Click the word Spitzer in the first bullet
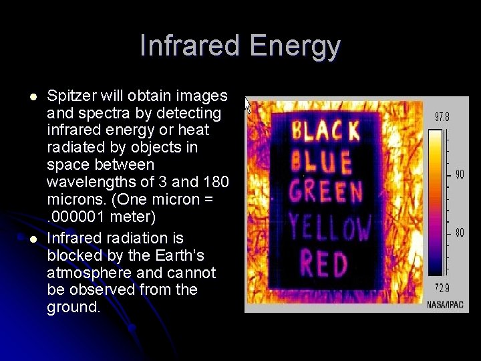(x=71, y=96)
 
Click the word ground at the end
(x=71, y=308)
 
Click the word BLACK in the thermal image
(x=325, y=130)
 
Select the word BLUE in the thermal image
(x=322, y=162)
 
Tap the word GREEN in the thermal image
(x=325, y=193)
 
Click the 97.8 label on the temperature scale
(x=442, y=116)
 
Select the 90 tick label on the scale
(x=459, y=174)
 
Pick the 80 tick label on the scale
(x=459, y=233)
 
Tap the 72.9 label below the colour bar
(x=442, y=287)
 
